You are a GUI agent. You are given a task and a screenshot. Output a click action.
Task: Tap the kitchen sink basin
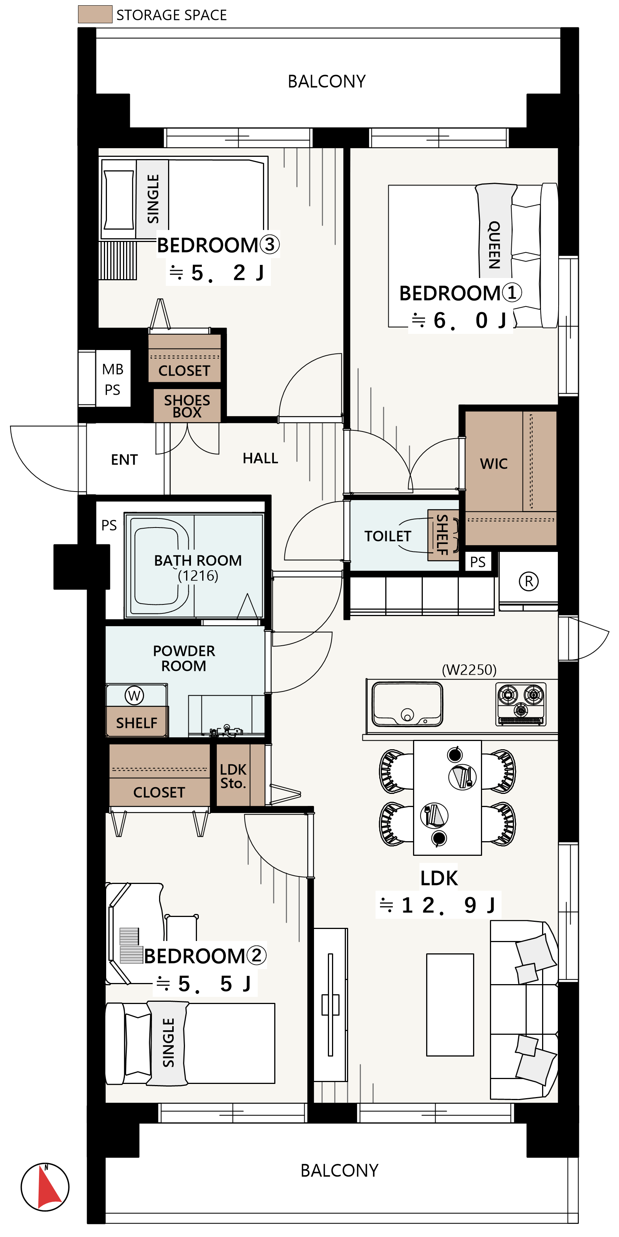(407, 704)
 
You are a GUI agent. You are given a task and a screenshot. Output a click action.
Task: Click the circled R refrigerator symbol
(529, 581)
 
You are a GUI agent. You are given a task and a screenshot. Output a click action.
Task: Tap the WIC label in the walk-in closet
(494, 464)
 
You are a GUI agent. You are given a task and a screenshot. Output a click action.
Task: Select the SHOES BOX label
(187, 406)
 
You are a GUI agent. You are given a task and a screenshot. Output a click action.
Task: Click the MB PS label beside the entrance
(113, 379)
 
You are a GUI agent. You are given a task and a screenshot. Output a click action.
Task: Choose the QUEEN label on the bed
(494, 245)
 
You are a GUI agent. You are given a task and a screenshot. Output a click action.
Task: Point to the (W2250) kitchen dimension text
(469, 669)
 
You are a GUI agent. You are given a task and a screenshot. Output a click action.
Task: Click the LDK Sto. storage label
(233, 776)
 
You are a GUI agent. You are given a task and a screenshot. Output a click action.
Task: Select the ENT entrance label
(125, 460)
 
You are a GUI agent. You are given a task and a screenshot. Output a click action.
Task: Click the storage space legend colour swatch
(95, 14)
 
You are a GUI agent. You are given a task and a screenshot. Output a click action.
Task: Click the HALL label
(260, 458)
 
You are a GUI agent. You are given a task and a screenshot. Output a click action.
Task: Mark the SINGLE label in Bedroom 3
(153, 199)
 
